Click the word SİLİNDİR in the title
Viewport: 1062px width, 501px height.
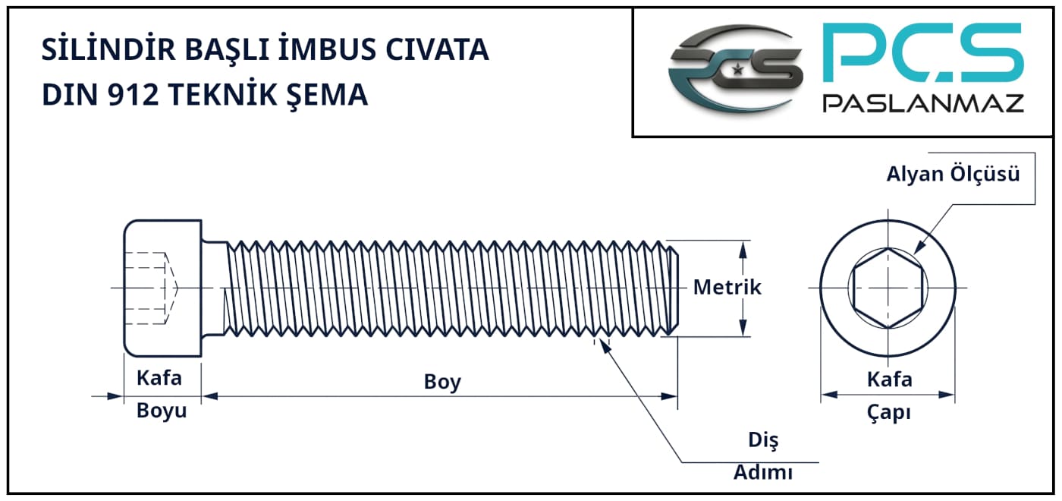(x=108, y=48)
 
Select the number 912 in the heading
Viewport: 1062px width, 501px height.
(x=134, y=94)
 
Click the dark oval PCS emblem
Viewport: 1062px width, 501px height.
(x=735, y=69)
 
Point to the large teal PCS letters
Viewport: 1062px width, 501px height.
(x=923, y=52)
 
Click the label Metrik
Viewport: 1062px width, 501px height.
(x=727, y=287)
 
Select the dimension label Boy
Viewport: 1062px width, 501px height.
(x=442, y=382)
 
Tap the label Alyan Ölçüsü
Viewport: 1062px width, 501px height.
(x=953, y=174)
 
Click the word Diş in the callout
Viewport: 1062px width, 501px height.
(x=763, y=440)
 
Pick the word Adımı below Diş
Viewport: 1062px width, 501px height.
(x=763, y=472)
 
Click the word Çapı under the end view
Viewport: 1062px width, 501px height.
(x=889, y=412)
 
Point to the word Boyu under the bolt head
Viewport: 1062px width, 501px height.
(x=162, y=411)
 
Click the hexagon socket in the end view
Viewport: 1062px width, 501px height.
(x=888, y=288)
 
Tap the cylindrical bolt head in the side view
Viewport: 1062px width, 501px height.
(x=162, y=288)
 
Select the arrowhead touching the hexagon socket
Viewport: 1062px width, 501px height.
(x=919, y=247)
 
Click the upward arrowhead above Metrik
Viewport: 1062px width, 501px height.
(x=743, y=249)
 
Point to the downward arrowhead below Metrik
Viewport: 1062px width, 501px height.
(x=743, y=327)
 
